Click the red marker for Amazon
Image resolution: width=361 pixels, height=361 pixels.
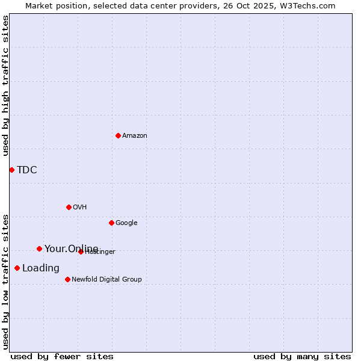[118, 135]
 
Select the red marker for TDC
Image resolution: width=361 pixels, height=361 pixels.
[11, 170]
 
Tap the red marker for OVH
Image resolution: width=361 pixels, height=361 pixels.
[69, 207]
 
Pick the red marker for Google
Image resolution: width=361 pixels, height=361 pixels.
[111, 223]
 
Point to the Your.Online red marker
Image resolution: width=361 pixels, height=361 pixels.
[39, 248]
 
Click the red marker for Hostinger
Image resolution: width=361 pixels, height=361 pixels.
[81, 251]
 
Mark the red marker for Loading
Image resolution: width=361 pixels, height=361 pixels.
[17, 268]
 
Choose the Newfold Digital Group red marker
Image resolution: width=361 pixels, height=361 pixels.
[67, 279]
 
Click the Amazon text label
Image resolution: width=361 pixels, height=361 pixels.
[135, 135]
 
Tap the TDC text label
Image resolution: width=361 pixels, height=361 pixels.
[27, 170]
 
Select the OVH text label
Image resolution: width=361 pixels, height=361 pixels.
[80, 207]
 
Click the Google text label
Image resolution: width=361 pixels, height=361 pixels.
[126, 223]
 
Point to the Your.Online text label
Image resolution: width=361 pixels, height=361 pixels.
[71, 248]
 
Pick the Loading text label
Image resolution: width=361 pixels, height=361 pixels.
[41, 268]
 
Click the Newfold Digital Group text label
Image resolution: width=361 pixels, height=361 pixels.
[106, 279]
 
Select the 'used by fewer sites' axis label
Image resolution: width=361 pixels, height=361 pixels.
[62, 356]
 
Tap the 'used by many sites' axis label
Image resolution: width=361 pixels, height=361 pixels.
[302, 356]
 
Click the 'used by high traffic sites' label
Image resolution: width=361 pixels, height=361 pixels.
[5, 85]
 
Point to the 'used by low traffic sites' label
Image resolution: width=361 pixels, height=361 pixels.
[5, 281]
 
